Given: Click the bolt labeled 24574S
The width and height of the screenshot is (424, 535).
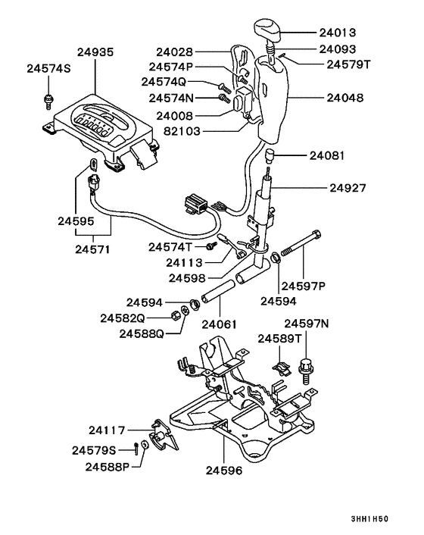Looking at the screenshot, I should (48, 97).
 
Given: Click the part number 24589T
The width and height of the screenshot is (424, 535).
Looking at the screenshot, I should (280, 338).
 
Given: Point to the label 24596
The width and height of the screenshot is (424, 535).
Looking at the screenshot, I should (220, 470).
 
